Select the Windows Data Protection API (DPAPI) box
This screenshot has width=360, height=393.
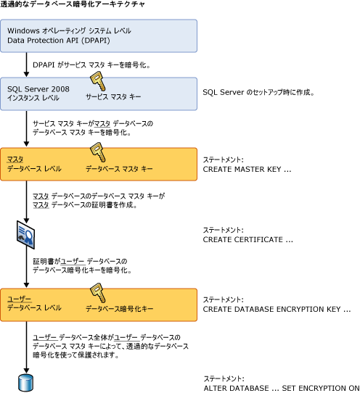click(98, 36)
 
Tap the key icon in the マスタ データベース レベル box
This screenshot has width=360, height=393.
click(98, 152)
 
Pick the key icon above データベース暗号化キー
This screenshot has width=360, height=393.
click(98, 292)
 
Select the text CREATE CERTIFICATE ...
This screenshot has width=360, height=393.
click(247, 239)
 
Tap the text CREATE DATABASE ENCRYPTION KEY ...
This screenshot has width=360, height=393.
click(277, 308)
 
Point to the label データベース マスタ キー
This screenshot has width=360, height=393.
click(119, 168)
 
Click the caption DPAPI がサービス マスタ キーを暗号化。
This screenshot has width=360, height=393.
click(91, 64)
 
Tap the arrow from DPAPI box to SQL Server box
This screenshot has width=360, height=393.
click(26, 64)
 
